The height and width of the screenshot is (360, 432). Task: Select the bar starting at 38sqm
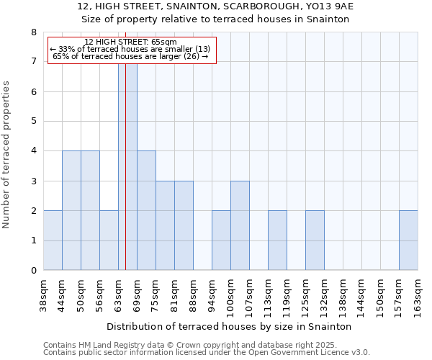[x=53, y=240]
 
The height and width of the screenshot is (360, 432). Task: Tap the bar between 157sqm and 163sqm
[x=408, y=240]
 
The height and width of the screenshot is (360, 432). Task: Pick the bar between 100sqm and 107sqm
[x=240, y=225]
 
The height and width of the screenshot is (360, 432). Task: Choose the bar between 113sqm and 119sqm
[x=277, y=240]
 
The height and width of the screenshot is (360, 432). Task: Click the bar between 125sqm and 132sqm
[x=315, y=240]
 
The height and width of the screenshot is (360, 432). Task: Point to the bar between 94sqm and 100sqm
[x=221, y=240]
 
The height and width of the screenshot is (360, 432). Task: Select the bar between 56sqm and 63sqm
[x=109, y=240]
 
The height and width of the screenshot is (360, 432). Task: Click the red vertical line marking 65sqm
[x=125, y=180]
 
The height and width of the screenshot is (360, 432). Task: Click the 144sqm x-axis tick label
[x=361, y=293]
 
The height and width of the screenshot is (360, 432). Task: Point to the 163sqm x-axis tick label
[x=418, y=293]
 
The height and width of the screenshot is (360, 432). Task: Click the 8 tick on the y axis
[x=33, y=32]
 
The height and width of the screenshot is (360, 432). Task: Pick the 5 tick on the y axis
[x=33, y=122]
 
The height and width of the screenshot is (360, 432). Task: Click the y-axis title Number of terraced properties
[x=7, y=154]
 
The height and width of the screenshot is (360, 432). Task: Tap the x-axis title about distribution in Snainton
[x=229, y=326]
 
